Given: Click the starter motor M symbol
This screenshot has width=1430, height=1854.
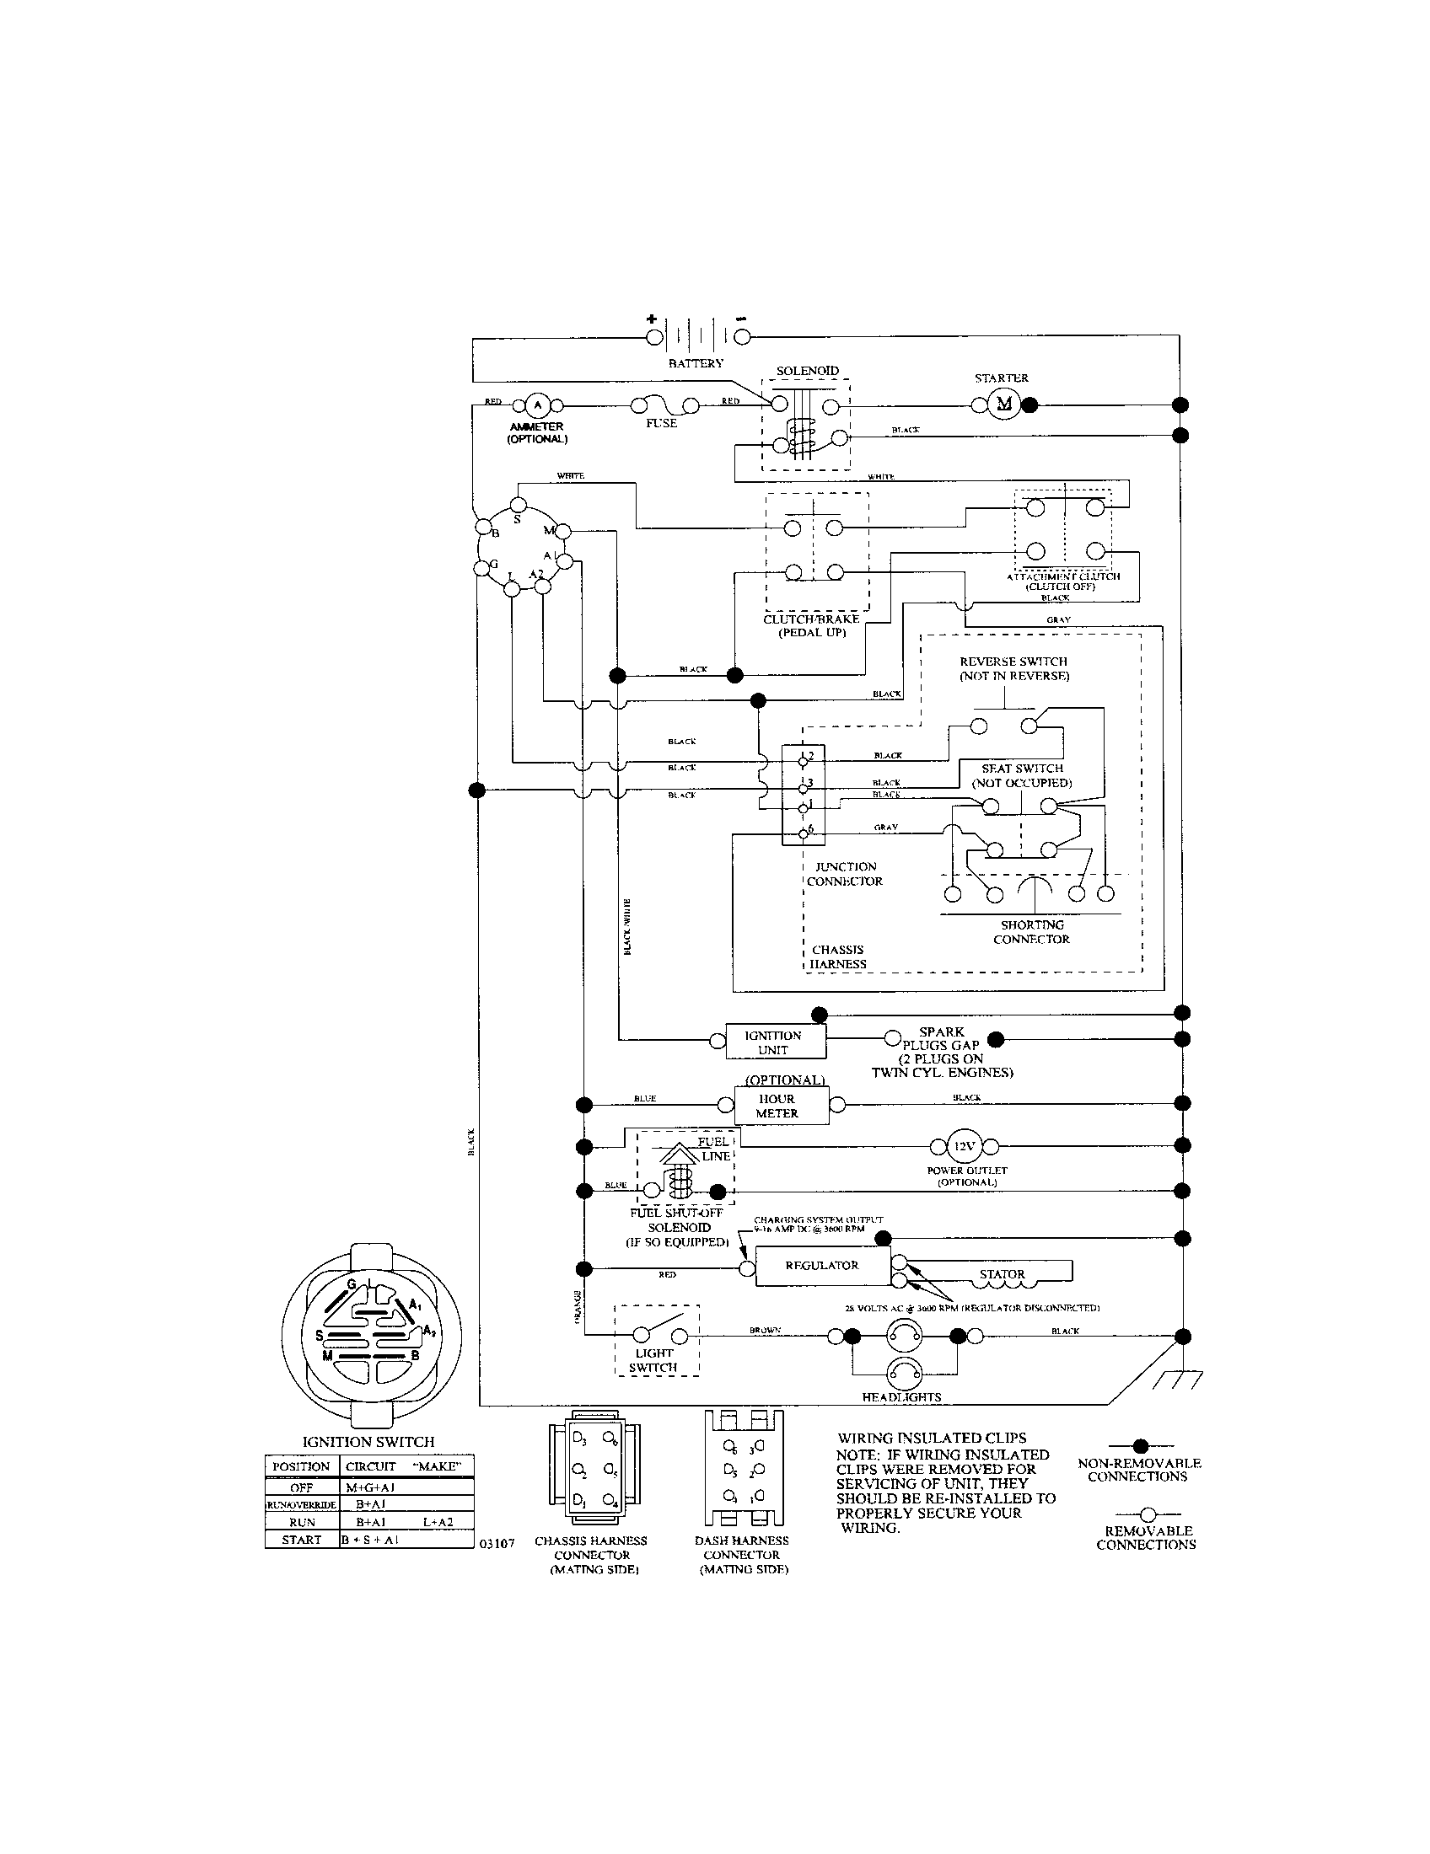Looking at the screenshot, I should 1004,405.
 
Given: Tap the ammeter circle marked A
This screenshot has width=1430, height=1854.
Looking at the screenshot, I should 535,405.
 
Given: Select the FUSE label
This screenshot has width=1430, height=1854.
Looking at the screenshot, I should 661,423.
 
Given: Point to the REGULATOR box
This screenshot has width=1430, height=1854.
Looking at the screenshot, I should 822,1266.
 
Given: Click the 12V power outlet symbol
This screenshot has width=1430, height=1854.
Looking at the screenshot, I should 963,1146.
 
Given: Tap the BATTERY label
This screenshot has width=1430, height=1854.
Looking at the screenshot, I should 696,363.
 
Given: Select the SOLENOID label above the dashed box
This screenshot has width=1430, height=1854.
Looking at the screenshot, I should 807,371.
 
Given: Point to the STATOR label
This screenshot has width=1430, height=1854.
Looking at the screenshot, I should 1002,1274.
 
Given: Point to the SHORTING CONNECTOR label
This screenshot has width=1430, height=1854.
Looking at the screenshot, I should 1031,932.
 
